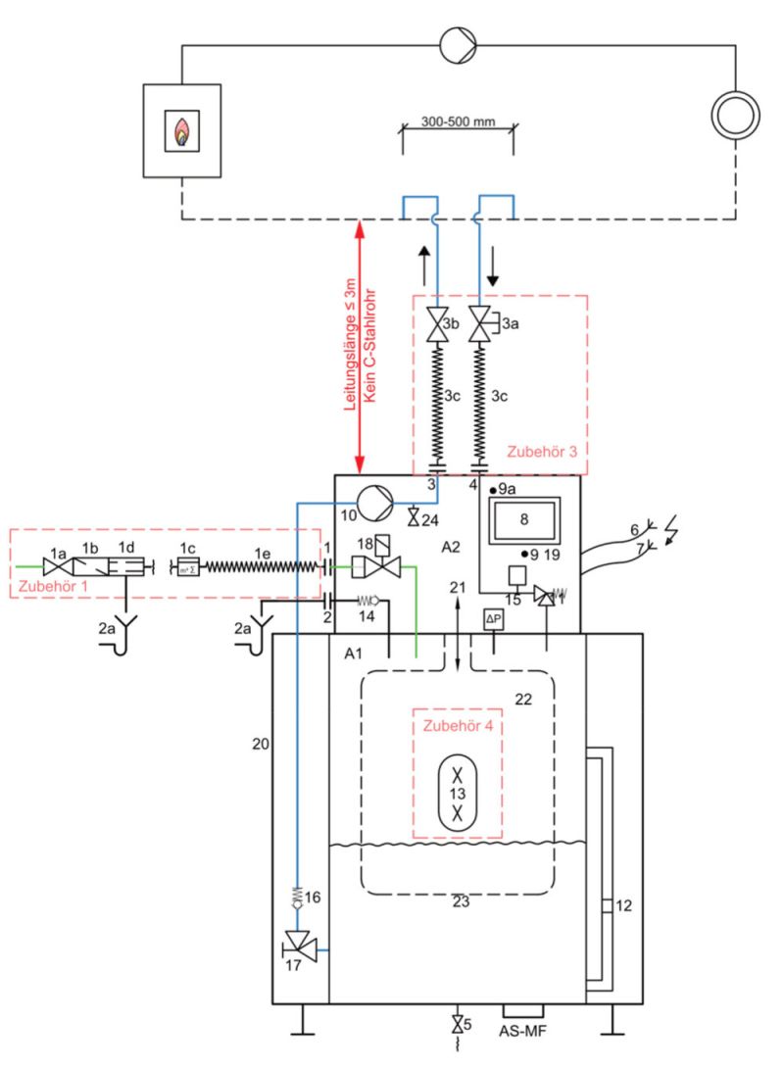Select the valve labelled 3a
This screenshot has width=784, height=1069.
480,323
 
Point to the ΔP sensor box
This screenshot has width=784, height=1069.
494,618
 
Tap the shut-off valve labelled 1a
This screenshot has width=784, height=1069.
55,565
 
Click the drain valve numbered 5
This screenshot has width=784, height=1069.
457,1026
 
